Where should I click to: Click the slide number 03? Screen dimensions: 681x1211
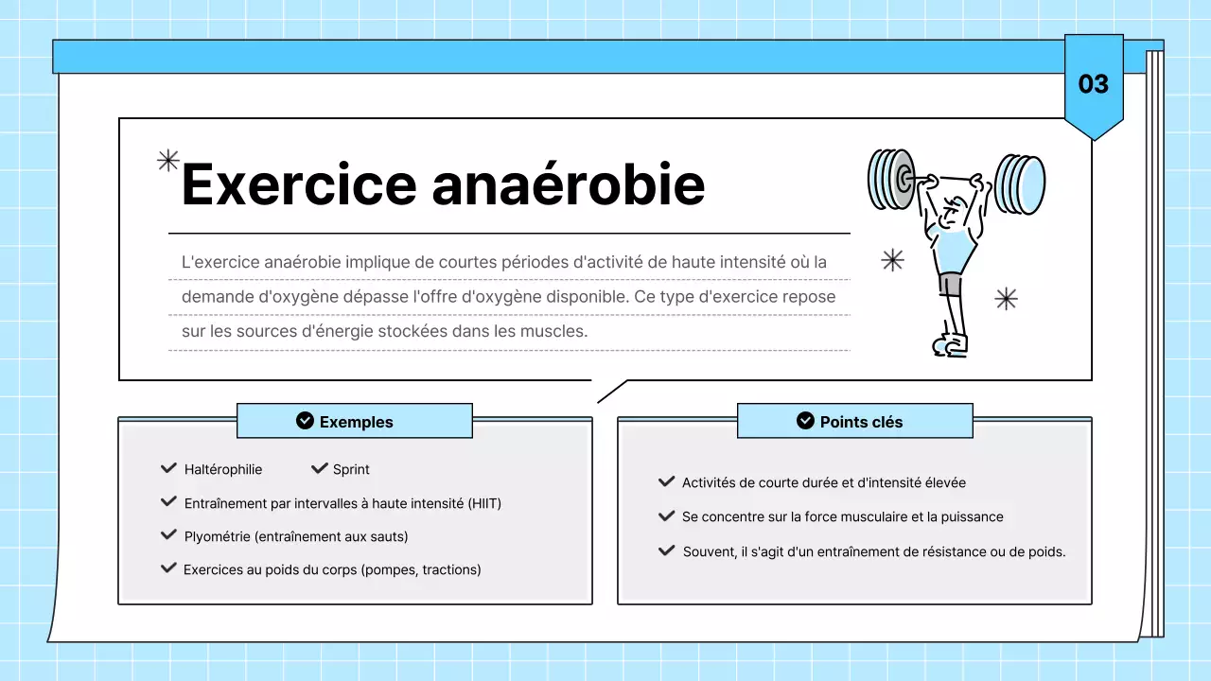[1093, 84]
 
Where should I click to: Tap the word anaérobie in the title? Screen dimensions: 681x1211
[569, 184]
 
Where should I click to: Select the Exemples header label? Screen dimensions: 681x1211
[356, 422]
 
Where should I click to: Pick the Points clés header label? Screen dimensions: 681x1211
[861, 422]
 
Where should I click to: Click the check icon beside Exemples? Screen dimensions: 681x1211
[305, 421]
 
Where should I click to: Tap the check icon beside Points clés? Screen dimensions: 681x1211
[805, 421]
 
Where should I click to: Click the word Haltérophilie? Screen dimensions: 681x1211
[223, 469]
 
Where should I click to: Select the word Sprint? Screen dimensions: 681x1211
[351, 469]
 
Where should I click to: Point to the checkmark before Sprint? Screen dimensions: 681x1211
[319, 468]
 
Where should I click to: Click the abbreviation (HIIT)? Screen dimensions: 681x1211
[484, 503]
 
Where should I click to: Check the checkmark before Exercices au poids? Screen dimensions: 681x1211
[168, 568]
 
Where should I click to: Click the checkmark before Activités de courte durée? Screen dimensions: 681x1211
[666, 482]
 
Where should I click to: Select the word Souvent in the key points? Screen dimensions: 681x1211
[709, 551]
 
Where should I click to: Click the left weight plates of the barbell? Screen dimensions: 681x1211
[889, 179]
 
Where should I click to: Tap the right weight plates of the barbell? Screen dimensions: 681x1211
[1020, 184]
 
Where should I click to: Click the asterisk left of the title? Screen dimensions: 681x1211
[167, 161]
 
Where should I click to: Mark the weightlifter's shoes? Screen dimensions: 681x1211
[951, 344]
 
